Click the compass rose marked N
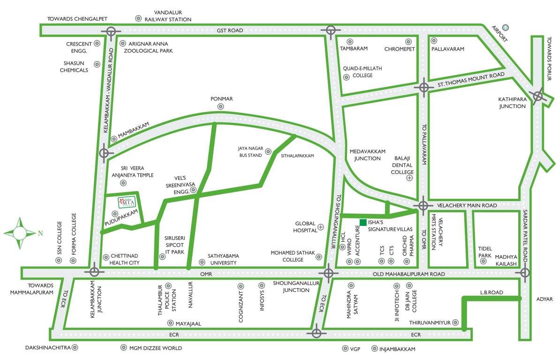20,232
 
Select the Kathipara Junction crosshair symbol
538,96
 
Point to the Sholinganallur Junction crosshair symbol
328,272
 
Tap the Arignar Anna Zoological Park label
148,47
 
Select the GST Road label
230,30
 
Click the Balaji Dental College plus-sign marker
410,178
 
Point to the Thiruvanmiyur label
429,322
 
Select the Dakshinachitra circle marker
75,348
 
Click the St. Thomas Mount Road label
471,80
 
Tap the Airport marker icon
505,28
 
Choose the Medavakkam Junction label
367,155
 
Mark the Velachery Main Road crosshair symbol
423,205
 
